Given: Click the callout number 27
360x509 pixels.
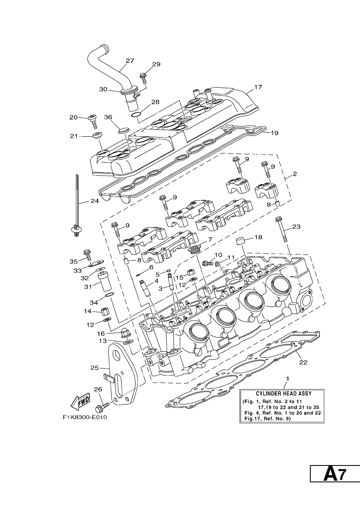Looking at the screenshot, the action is (130, 61).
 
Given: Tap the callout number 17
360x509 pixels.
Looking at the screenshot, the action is (258, 87).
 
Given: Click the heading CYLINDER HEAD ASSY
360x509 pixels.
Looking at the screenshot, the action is (283, 394).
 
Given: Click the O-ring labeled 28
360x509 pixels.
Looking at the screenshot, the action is (136, 115).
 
